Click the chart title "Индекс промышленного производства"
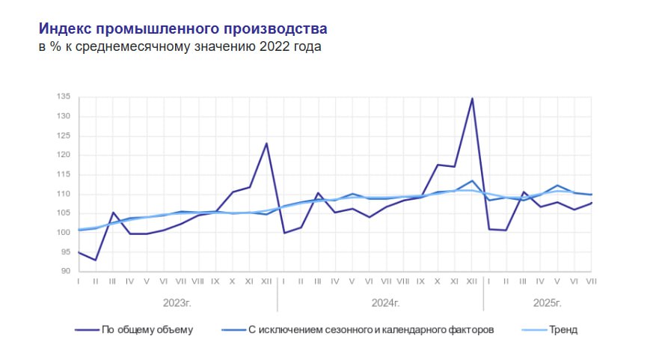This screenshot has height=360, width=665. pos(183,29)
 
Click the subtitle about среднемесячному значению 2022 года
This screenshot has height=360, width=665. pos(180,47)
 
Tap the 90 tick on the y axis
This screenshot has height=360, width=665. pos(65,272)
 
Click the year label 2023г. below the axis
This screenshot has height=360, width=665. pos(178,302)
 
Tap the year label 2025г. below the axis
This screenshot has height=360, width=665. pos(547,302)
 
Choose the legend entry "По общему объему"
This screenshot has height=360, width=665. pos(147,329)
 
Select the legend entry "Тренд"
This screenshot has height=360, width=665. pos(563,329)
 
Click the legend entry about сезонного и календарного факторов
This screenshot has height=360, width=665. pos(370,329)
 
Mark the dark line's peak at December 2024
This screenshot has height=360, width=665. pos(472,98)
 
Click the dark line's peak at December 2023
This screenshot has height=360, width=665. pos(266,143)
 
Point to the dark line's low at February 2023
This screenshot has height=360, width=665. pos(96,260)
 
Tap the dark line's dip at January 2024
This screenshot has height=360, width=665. pos(284,233)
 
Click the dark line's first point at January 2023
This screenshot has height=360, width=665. pos(79,252)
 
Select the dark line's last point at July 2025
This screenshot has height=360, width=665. pos(592,203)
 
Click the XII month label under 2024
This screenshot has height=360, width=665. pos(472,281)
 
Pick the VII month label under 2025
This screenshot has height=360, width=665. pos(592,281)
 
